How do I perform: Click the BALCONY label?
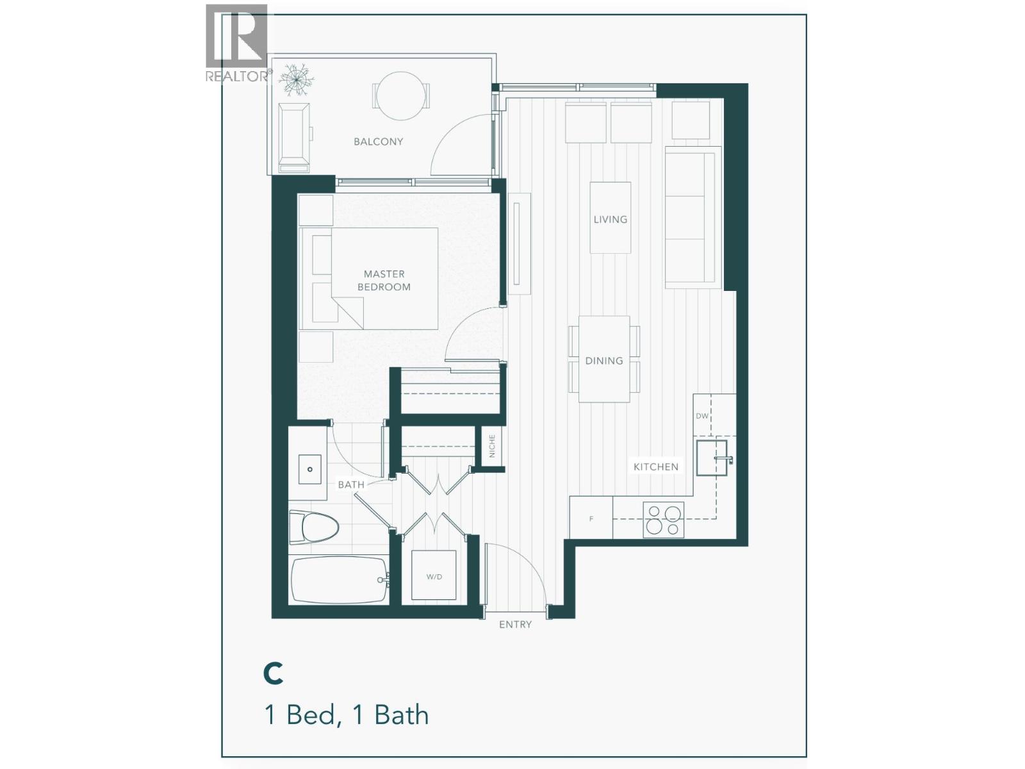click(378, 142)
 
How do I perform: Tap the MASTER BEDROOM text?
click(384, 281)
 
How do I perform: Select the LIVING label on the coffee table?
click(610, 219)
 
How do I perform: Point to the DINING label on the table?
click(603, 361)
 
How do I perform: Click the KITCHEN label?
click(655, 467)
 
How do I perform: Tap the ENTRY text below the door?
click(515, 624)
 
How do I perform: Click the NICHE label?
click(492, 446)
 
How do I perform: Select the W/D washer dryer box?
click(434, 575)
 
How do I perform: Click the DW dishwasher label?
click(702, 416)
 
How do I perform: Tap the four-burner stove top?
click(663, 520)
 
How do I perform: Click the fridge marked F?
click(591, 518)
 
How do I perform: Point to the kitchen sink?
click(712, 458)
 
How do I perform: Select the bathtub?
click(339, 580)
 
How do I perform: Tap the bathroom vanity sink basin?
click(310, 470)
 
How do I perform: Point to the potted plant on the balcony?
click(295, 79)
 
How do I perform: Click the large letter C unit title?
click(274, 674)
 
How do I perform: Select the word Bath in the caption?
click(401, 715)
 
